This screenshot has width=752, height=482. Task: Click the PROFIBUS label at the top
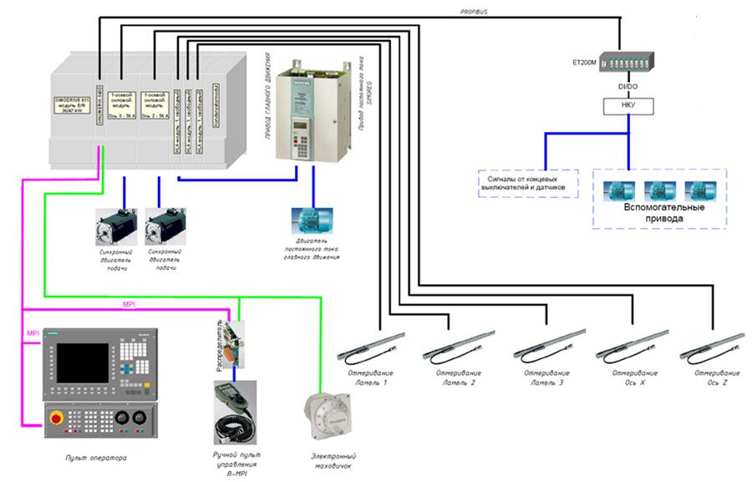(474, 13)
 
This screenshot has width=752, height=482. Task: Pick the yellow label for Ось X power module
(122, 106)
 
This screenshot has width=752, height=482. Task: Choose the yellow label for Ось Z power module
(155, 106)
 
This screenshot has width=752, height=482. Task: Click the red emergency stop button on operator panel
(58, 418)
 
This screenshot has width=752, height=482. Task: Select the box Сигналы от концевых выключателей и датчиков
(527, 183)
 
